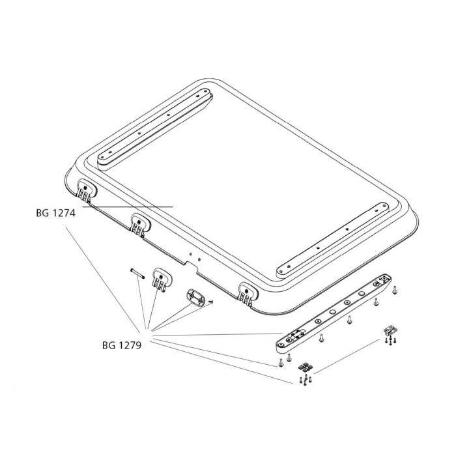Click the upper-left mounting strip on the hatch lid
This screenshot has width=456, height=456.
[x=155, y=128]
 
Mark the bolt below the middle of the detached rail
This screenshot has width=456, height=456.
[x=350, y=319]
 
